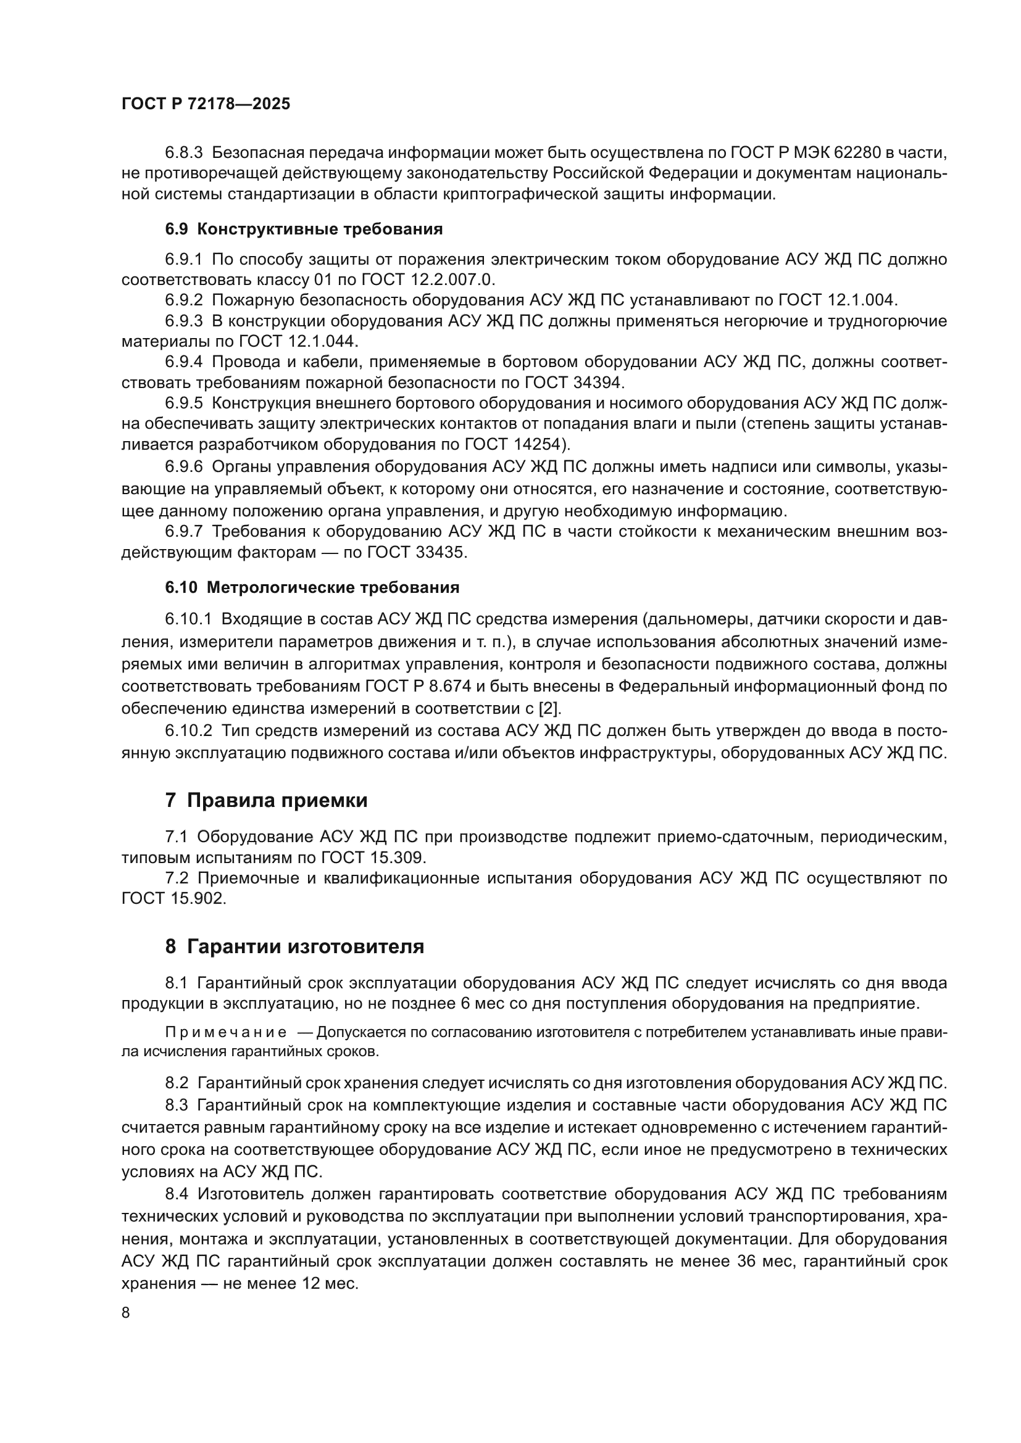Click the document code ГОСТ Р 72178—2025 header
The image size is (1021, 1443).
pos(206,104)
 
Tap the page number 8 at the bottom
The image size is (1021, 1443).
pos(126,1313)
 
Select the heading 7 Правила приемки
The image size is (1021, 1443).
pos(266,801)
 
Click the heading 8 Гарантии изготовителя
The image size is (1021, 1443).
pos(294,946)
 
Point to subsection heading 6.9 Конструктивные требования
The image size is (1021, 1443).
pos(304,229)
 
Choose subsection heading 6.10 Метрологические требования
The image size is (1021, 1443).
pos(312,588)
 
